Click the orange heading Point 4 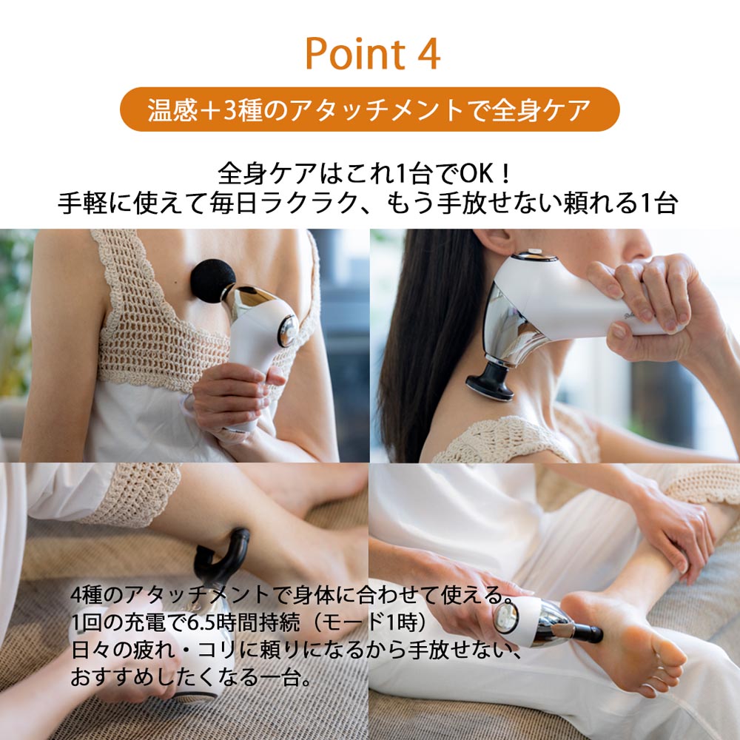point(372,53)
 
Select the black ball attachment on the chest point(214,281)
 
